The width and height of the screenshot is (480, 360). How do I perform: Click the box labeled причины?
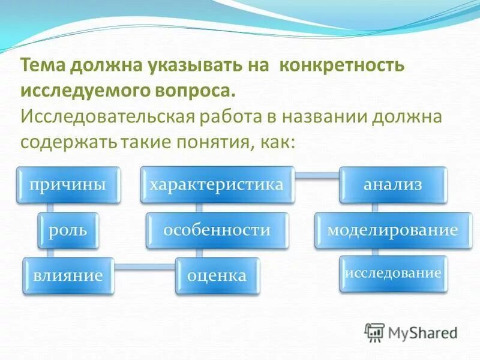click(68, 184)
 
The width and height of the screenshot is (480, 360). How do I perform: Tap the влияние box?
click(67, 276)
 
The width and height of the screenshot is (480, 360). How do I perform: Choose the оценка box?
click(217, 276)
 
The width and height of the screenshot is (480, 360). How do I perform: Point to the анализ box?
click(393, 184)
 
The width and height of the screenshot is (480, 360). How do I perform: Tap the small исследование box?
click(393, 274)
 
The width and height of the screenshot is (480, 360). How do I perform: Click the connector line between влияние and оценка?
click(144, 267)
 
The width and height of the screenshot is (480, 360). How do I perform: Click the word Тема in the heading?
click(43, 65)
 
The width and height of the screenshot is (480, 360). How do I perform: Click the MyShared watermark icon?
click(375, 332)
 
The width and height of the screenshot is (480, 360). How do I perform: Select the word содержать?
click(69, 142)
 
